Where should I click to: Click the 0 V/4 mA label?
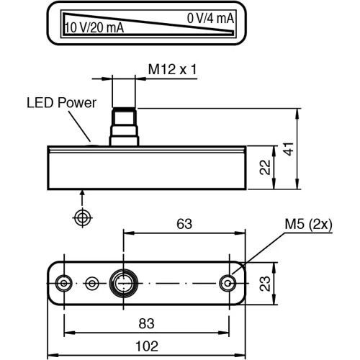pos(210,18)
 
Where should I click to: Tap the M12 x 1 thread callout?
pos(172,69)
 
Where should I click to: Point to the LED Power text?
pos(61,103)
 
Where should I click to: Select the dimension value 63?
pos(184,224)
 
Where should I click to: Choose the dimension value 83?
pos(147,324)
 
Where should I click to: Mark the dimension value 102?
pos(147,346)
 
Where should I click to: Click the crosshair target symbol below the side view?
pos(83,217)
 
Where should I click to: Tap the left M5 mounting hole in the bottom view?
pos(64,283)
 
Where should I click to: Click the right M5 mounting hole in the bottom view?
pos(230,283)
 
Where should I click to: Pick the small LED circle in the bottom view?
pos(91,283)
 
